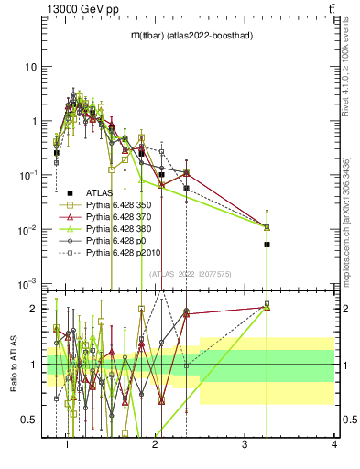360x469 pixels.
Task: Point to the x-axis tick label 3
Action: [245, 444]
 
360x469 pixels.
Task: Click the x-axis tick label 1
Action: [67, 444]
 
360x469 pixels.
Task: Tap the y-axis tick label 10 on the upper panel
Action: [31, 67]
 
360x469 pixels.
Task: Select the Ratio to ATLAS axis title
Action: [12, 365]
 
